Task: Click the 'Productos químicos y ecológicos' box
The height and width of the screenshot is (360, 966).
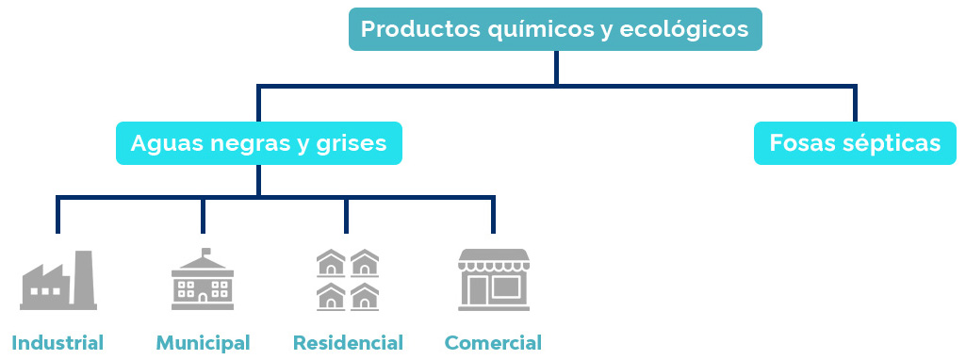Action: point(555,29)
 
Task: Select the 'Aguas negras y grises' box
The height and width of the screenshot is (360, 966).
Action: point(259,143)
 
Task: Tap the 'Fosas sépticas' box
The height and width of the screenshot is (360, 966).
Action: point(855,143)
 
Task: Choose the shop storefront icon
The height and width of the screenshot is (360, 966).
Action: point(493,280)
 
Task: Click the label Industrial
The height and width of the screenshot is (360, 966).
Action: point(57,342)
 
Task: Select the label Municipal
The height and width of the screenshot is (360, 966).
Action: point(203,342)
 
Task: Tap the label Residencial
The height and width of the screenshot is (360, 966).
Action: point(348,342)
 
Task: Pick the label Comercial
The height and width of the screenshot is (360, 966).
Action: point(493,342)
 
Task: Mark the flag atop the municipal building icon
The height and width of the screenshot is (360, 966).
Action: point(206,252)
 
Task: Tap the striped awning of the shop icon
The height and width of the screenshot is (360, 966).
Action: point(493,259)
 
